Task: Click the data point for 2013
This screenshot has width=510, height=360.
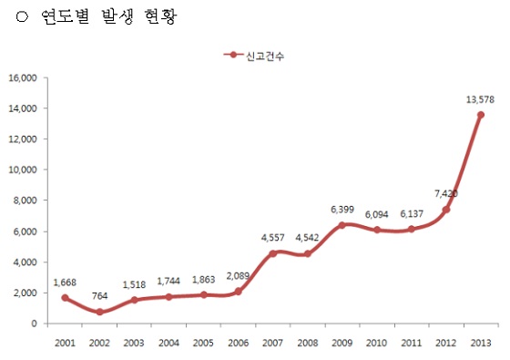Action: point(480,115)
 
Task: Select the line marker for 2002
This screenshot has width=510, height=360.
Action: point(98,312)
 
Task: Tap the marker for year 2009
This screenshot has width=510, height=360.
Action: point(342,225)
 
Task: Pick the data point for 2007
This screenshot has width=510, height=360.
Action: point(272,253)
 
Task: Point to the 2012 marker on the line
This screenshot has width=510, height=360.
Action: point(446,210)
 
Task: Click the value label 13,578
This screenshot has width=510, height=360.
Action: point(479,98)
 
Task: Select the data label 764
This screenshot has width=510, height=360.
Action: point(98,296)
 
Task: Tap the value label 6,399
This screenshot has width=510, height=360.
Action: point(342,209)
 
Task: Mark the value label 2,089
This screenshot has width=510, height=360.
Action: point(238,275)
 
